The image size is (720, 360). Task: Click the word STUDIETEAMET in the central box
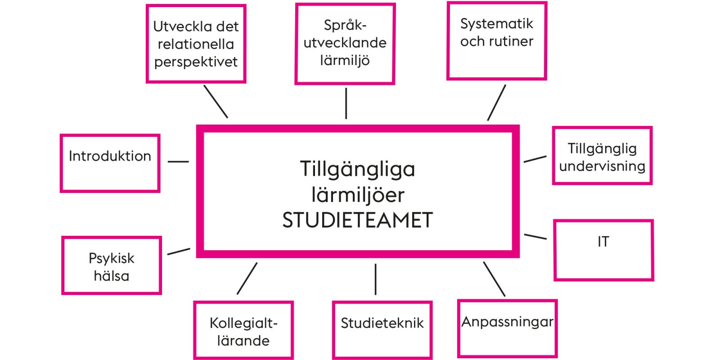(x=357, y=220)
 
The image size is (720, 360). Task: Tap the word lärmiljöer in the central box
(x=358, y=195)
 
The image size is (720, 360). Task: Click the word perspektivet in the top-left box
(x=196, y=62)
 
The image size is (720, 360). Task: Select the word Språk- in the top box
(x=345, y=25)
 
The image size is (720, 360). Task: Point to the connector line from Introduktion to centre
(x=178, y=162)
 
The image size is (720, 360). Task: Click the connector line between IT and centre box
(x=535, y=237)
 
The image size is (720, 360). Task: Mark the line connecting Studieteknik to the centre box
(x=375, y=279)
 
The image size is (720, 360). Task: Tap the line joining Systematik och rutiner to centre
(x=497, y=103)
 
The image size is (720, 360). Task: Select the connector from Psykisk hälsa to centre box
(x=179, y=252)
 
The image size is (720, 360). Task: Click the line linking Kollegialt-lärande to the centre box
(x=247, y=279)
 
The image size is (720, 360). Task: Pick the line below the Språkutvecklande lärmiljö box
(x=346, y=103)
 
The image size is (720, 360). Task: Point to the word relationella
(x=196, y=44)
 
